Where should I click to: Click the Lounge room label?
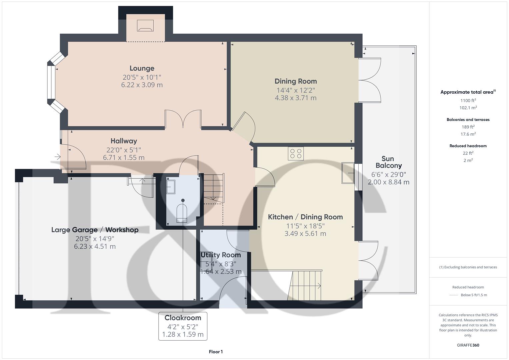pos(142,68)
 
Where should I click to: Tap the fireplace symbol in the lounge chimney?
pos(145,26)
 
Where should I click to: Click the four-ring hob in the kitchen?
pos(296,154)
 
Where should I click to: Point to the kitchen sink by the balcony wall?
pos(348,173)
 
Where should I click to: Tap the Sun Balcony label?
pos(388,162)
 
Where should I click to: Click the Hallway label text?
pos(124,141)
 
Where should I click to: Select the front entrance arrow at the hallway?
pos(57,156)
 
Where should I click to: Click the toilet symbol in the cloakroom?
pos(182,211)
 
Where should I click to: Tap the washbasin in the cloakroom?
pos(170,187)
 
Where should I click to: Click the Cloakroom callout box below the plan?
pos(183,326)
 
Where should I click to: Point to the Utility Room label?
pos(221,255)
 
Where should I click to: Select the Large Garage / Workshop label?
pos(95,230)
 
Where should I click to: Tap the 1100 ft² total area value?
pos(468,100)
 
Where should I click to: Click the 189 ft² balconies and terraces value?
pos(468,127)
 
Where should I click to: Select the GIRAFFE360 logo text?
pos(468,345)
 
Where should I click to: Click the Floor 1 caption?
pos(216,352)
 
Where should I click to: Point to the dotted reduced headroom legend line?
pos(454,295)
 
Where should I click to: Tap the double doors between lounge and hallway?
pos(183,119)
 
